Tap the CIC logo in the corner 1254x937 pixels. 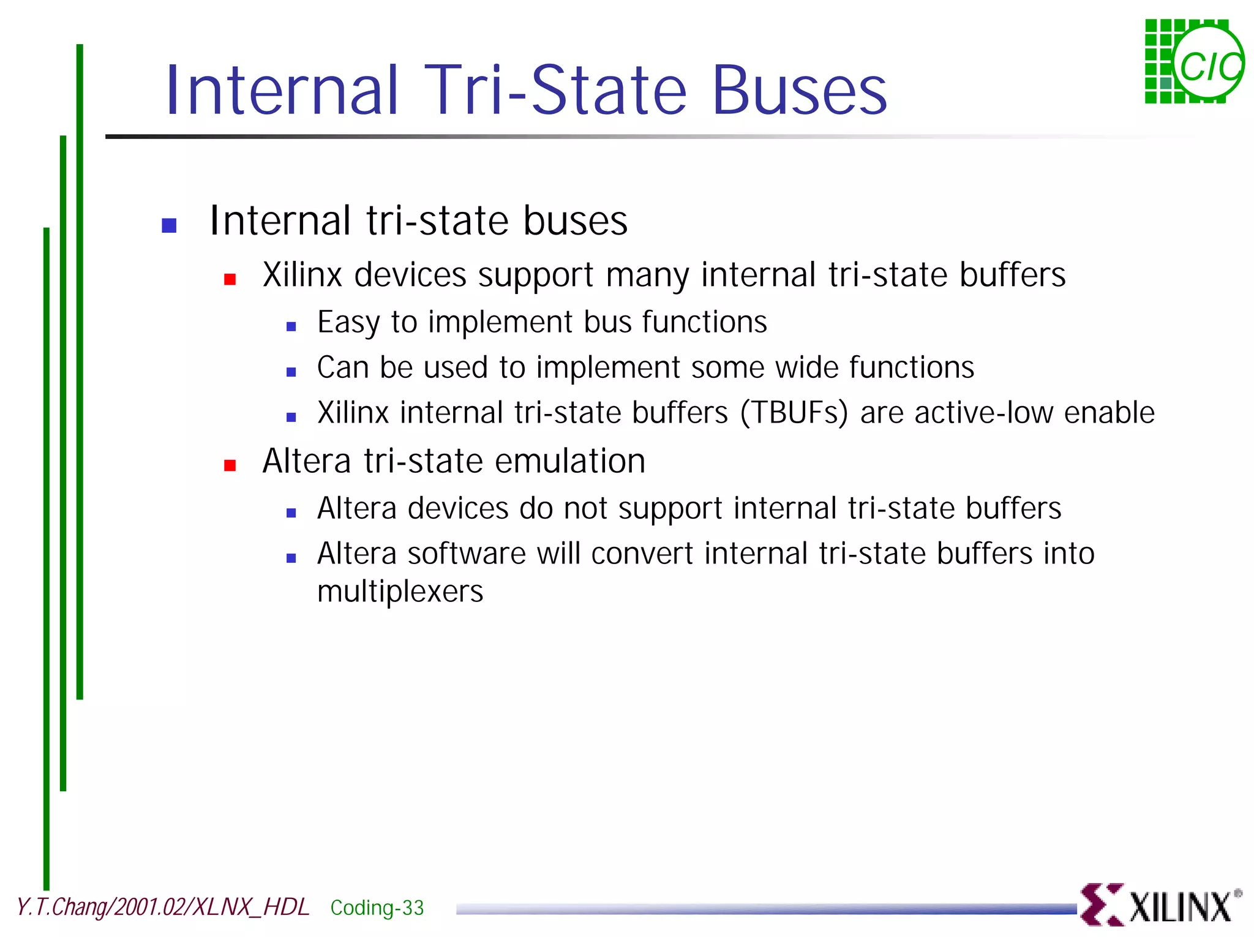1194,61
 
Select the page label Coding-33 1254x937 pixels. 377,908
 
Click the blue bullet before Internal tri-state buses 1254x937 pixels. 169,225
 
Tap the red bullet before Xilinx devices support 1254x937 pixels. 230,280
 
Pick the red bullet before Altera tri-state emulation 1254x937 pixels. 230,465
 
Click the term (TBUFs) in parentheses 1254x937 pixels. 794,412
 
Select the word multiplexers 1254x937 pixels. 400,592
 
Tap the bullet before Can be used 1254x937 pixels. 291,372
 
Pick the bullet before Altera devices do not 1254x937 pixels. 291,513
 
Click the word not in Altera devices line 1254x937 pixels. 585,508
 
